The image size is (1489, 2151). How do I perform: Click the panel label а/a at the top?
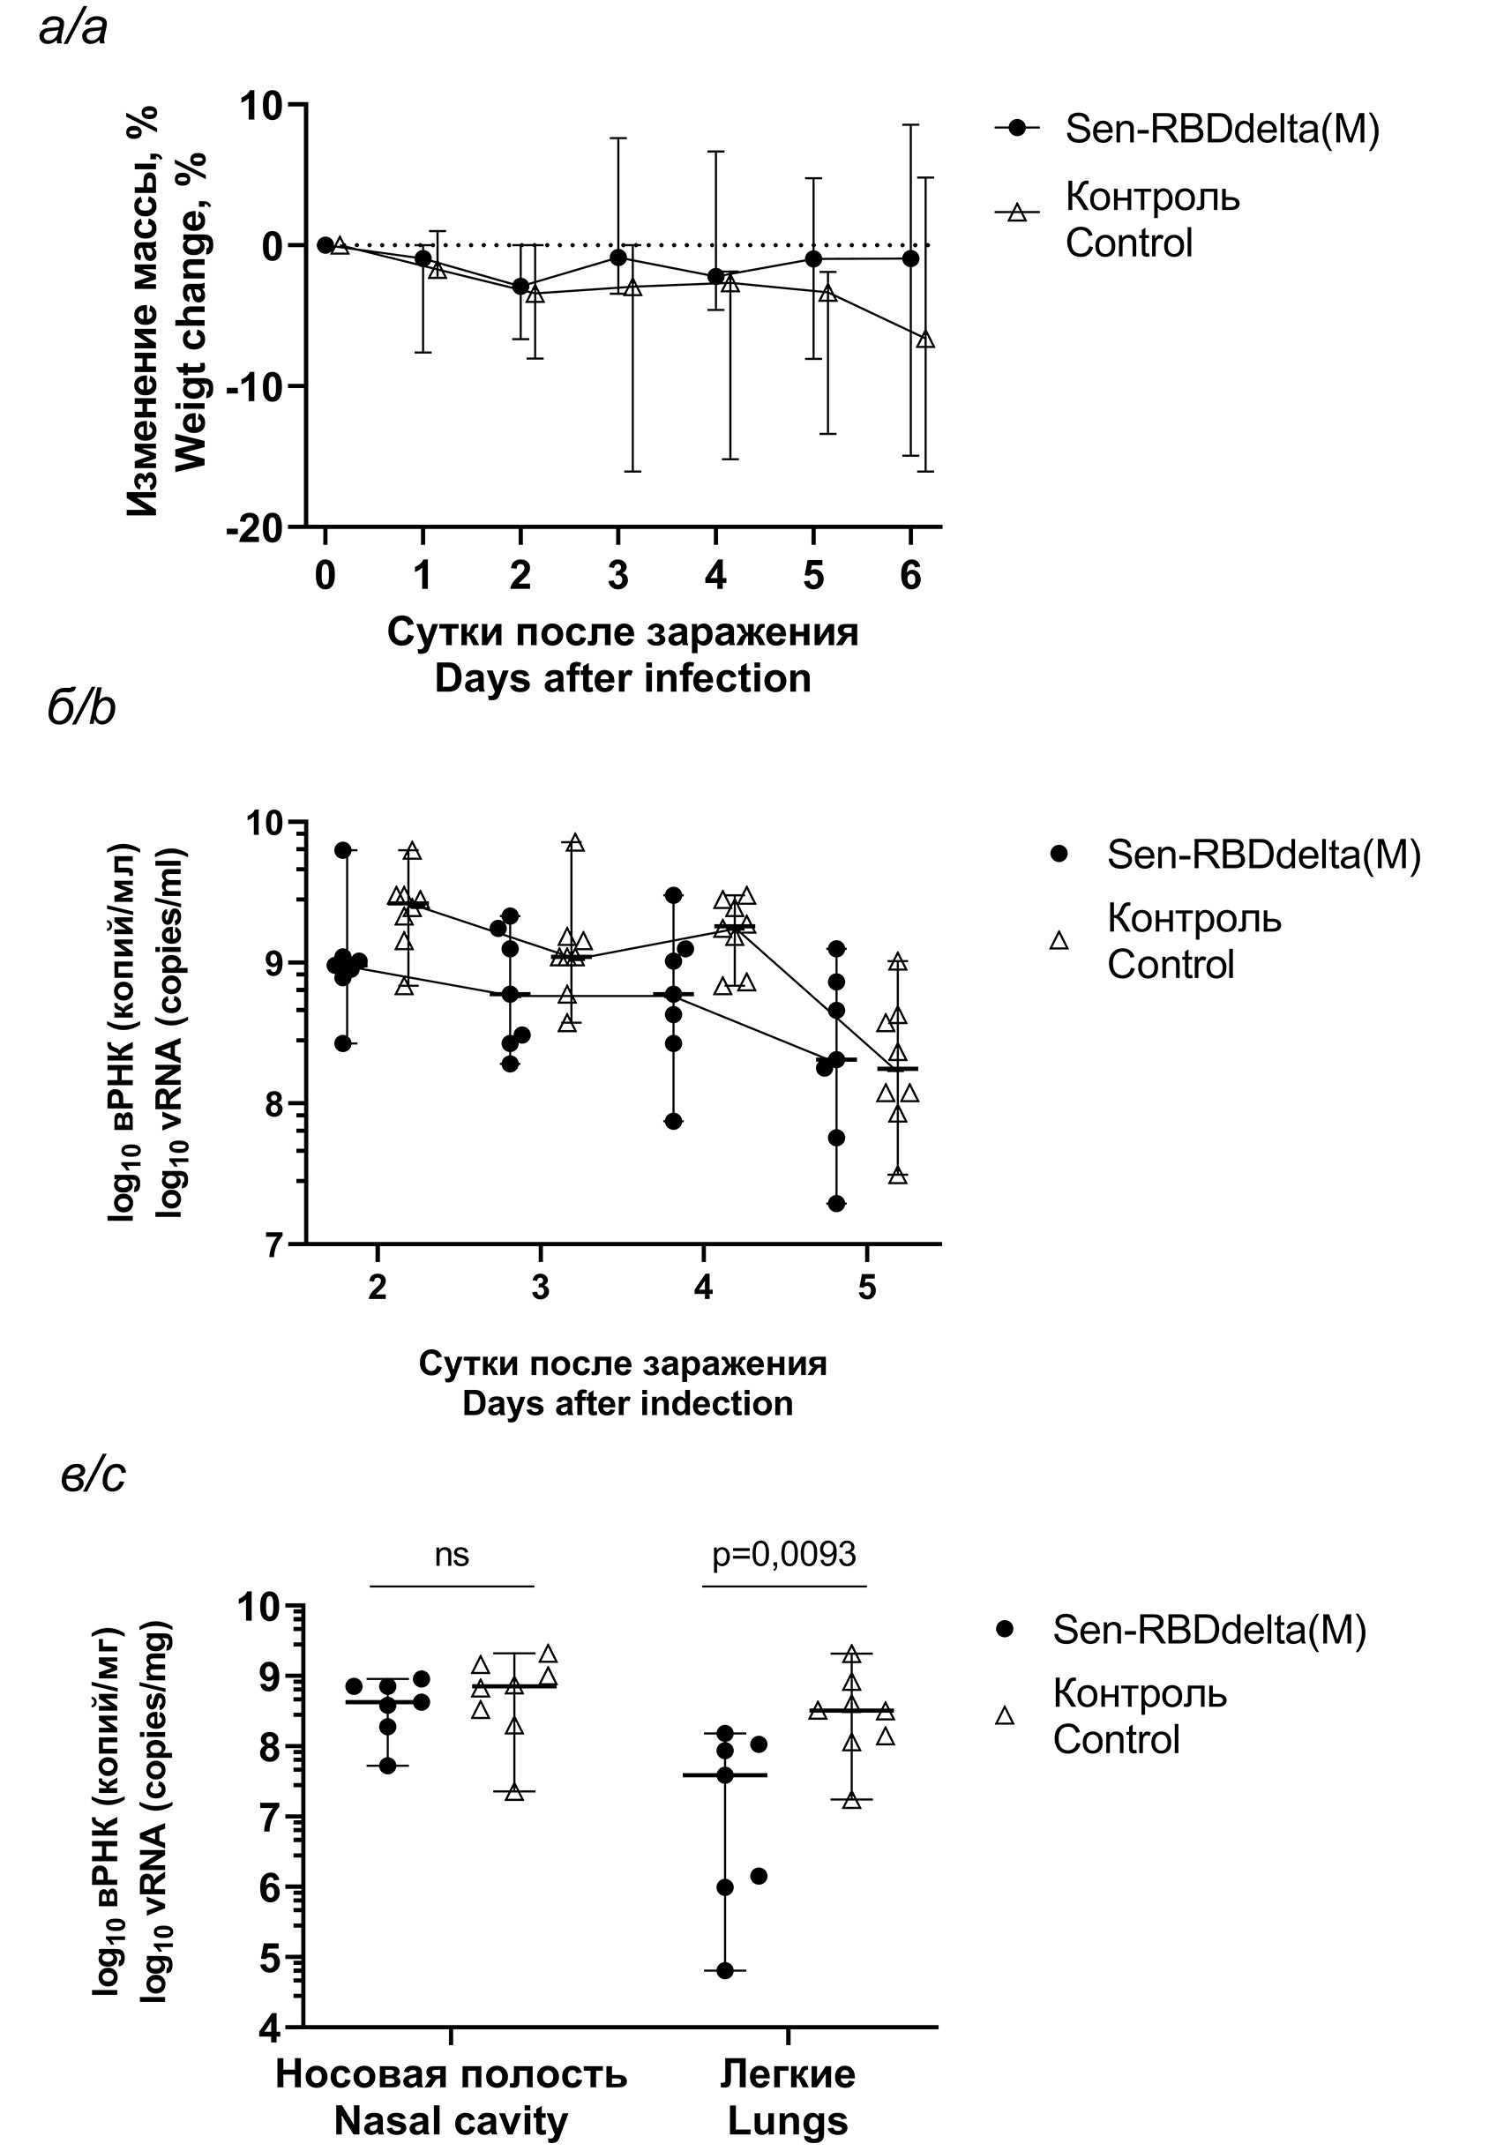point(72,28)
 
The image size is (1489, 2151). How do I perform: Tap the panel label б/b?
point(81,709)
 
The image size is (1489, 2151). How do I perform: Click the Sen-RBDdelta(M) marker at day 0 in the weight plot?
point(325,245)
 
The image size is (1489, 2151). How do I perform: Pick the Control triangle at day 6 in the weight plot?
point(925,340)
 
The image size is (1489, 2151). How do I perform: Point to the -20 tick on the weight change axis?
point(254,528)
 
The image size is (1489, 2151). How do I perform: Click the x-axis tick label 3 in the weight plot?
point(617,576)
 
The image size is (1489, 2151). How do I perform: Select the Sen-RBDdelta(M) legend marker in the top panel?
point(1017,128)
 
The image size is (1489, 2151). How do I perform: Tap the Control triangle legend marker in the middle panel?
point(1059,941)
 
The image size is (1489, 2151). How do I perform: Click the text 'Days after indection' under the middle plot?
point(627,1404)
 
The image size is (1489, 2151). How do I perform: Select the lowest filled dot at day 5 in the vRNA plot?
point(837,1203)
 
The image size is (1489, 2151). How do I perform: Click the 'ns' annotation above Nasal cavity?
point(452,1554)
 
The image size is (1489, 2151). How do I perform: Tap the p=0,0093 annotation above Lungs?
point(783,1554)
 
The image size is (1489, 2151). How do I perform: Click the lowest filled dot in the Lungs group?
point(725,1970)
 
